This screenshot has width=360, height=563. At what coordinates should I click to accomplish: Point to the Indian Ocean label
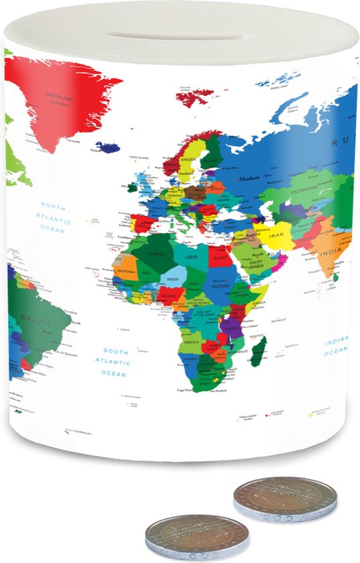(x=337, y=346)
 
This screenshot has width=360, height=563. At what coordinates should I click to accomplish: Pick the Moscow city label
(x=249, y=178)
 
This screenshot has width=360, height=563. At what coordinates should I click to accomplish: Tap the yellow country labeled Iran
(x=278, y=236)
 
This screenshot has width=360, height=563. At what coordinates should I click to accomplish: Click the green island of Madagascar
(x=258, y=350)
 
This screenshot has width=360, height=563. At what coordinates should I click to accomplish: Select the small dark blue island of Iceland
(x=107, y=147)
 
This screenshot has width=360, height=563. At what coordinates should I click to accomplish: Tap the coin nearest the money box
(x=284, y=499)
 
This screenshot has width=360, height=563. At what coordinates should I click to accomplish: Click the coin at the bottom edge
(x=197, y=538)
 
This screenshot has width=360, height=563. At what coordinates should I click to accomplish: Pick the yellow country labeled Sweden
(x=188, y=161)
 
